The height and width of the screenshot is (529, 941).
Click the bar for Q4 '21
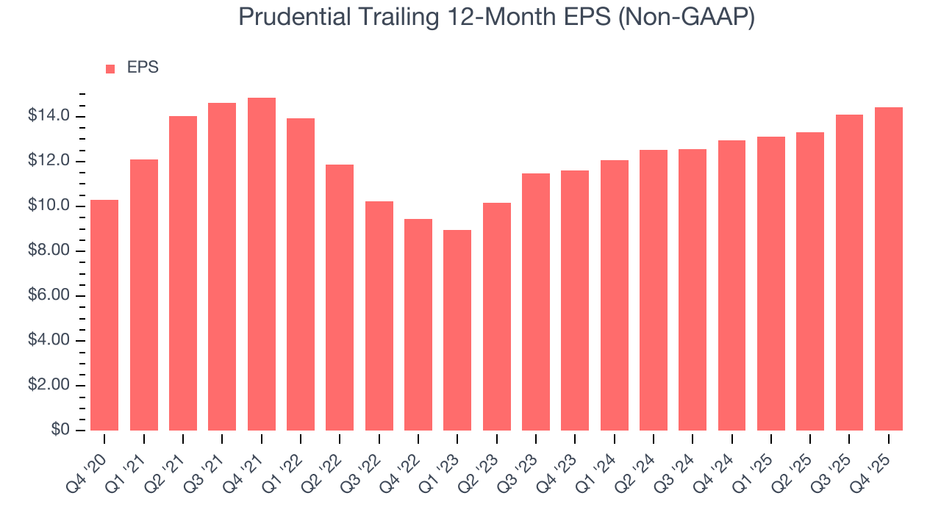point(262,264)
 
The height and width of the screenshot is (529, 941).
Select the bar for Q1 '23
point(457,331)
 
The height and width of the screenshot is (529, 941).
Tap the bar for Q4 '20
point(104,315)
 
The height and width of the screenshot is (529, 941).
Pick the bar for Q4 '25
point(889,269)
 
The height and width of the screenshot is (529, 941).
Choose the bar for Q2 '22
point(340,298)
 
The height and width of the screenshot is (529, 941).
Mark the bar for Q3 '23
point(536,302)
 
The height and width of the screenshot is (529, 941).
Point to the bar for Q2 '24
point(654,290)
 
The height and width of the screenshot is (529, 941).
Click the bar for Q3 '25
point(849,273)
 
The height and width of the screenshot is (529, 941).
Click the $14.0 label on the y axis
point(50,116)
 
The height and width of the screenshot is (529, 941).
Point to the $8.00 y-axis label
point(50,251)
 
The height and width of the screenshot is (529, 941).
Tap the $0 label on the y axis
point(60,430)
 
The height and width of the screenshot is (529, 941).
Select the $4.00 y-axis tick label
point(50,340)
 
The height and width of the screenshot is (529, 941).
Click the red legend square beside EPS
point(110,68)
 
